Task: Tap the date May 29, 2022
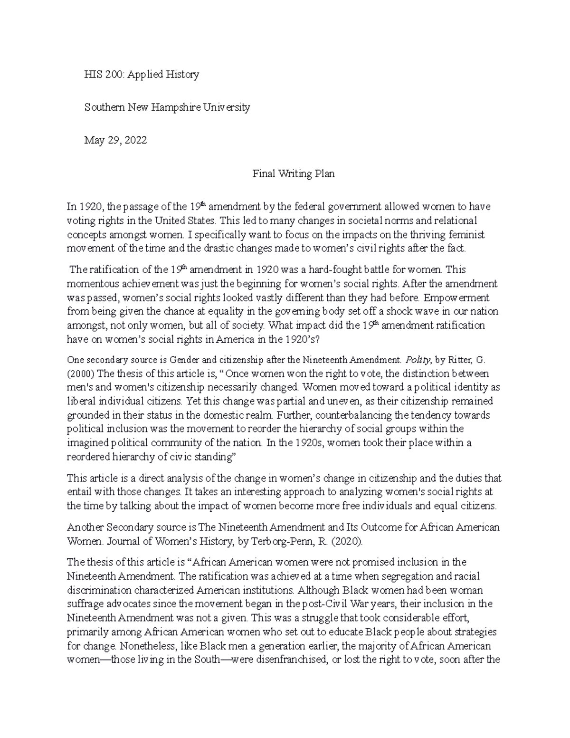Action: tap(115, 141)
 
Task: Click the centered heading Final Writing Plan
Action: tap(293, 174)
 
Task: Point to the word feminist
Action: tap(469, 235)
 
